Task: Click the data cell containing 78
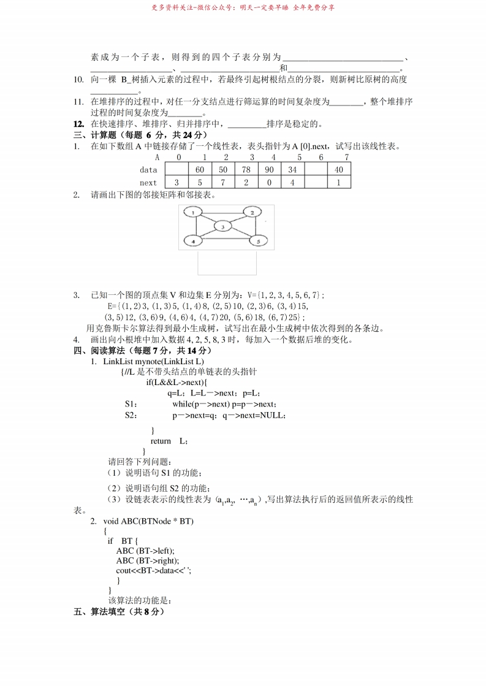246,170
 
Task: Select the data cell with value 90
270,170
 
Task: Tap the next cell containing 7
223,183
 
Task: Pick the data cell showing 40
339,170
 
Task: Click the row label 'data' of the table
148,170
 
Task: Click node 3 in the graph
224,227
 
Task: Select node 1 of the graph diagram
193,212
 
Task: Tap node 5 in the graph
259,242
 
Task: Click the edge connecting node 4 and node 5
226,242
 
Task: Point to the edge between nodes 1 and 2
222,211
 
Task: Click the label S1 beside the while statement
130,404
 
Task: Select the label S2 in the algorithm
130,415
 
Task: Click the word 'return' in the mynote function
161,441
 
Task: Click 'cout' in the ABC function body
124,570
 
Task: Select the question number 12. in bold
78,124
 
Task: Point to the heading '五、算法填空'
120,611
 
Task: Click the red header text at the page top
243,8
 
